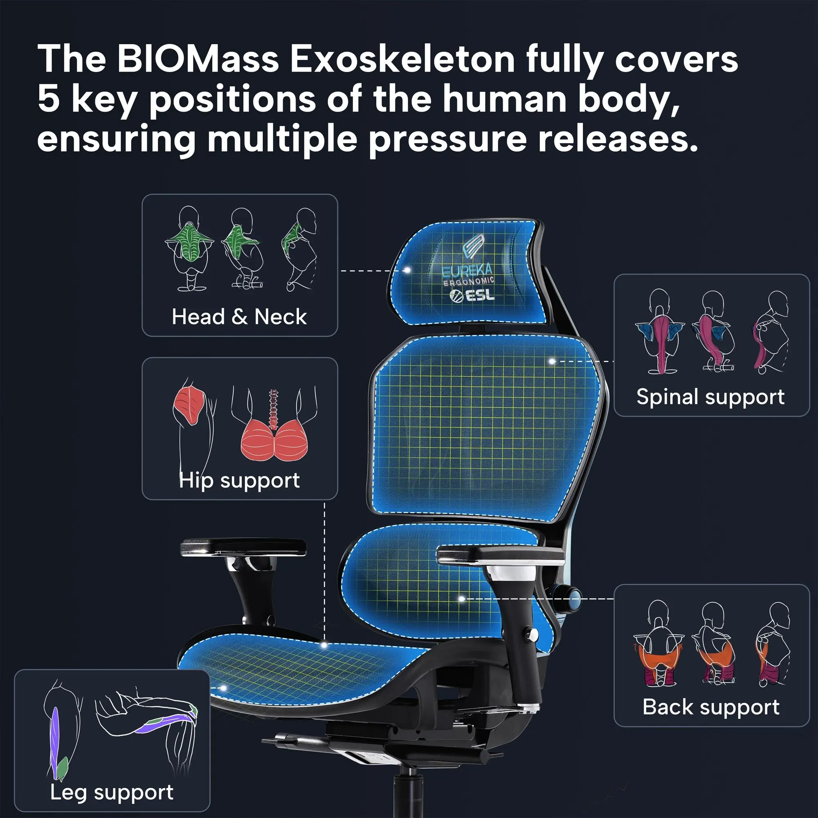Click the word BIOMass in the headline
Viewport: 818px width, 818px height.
pos(197,59)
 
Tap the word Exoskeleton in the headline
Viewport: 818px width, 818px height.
pos(402,59)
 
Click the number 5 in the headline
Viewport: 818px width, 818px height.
pos(48,99)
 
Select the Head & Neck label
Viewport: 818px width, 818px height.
pos(239,317)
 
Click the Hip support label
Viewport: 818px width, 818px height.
pos(239,480)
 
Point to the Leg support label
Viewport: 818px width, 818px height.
pos(112,792)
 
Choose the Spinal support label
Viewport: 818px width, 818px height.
pos(710,397)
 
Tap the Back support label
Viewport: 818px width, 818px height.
pos(710,707)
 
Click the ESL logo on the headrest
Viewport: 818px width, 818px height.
pos(472,295)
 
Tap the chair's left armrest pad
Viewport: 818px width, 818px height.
pos(243,547)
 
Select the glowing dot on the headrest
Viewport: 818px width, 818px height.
pos(407,270)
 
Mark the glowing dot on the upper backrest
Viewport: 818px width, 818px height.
pos(552,361)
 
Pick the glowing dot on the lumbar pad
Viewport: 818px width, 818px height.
pos(462,598)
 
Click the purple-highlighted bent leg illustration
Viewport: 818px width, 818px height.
pos(146,724)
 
